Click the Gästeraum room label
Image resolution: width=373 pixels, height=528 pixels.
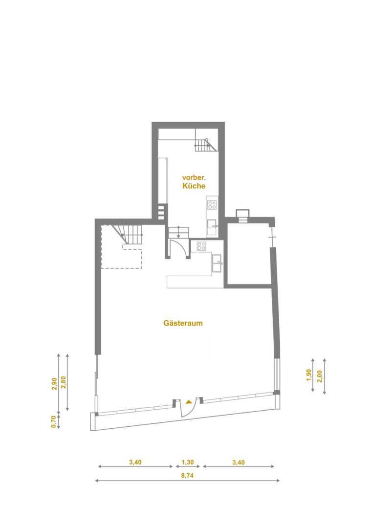[x=183, y=323]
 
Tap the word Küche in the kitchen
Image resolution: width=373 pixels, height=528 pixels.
[x=194, y=186]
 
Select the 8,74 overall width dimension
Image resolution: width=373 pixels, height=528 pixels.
[x=188, y=476]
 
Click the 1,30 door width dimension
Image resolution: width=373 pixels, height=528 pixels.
[x=188, y=462]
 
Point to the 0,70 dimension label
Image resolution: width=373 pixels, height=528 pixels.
[x=53, y=421]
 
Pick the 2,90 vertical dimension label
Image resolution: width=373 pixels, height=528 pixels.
[x=54, y=384]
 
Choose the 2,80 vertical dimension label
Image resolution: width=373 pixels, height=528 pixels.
[x=63, y=382]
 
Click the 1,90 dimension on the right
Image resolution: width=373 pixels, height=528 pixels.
[x=309, y=375]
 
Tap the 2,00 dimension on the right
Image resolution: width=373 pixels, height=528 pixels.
[x=320, y=376]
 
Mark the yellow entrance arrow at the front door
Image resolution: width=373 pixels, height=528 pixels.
[x=189, y=401]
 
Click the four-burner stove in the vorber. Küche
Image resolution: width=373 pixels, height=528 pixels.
[x=212, y=205]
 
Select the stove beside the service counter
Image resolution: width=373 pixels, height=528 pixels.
[x=201, y=246]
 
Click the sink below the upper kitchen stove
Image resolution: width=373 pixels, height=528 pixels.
[x=212, y=227]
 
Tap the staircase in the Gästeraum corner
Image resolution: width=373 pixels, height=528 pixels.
[x=128, y=234]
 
